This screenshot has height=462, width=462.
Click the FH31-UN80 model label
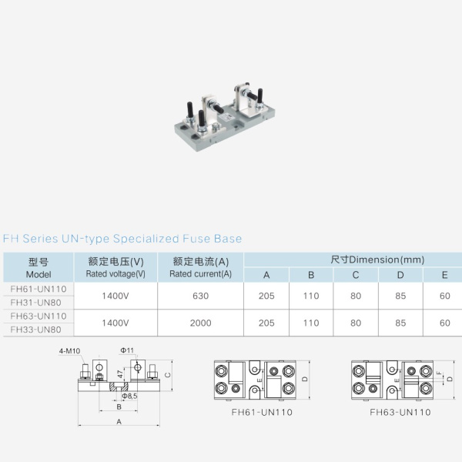[35, 303]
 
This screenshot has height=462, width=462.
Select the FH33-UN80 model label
[35, 330]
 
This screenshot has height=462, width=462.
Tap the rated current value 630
[201, 296]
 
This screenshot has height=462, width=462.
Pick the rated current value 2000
[201, 323]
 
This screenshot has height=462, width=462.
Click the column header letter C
[356, 275]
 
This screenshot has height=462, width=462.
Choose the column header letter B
[311, 275]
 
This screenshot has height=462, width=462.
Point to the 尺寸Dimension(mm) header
[377, 259]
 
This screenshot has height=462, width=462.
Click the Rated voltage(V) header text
[115, 274]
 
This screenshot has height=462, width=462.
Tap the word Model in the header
[38, 274]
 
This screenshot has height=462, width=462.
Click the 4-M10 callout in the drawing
[69, 351]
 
